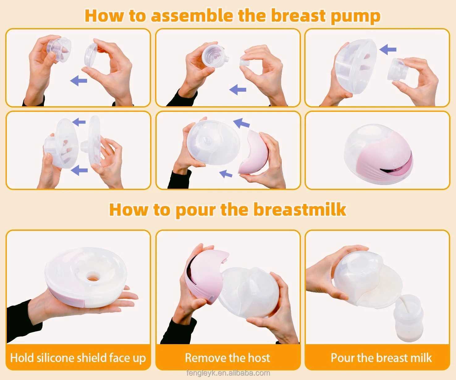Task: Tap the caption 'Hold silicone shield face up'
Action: tap(78, 358)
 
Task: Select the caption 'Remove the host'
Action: tap(227, 358)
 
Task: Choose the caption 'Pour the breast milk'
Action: tap(381, 358)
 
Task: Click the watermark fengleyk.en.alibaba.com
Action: tap(228, 373)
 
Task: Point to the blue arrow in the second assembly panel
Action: tap(238, 90)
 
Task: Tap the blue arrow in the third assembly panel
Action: tap(388, 49)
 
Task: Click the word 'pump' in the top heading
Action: tap(355, 15)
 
